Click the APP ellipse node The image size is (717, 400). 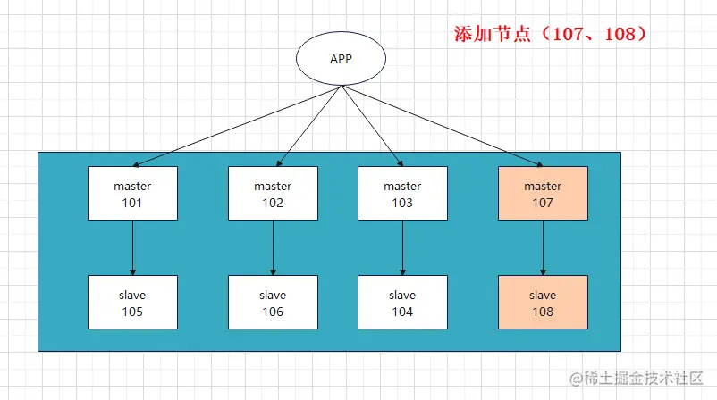341,60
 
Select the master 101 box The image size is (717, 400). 132,194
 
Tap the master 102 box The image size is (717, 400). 273,194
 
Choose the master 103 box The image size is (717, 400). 402,194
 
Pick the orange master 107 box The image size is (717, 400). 543,194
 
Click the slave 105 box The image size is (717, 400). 132,303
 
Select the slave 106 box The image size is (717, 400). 273,303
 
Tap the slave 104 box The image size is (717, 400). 402,303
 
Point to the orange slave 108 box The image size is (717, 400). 543,303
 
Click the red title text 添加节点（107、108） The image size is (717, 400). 550,35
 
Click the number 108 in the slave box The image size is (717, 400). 543,312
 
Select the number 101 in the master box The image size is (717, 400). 132,203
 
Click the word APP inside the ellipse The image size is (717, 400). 341,60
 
